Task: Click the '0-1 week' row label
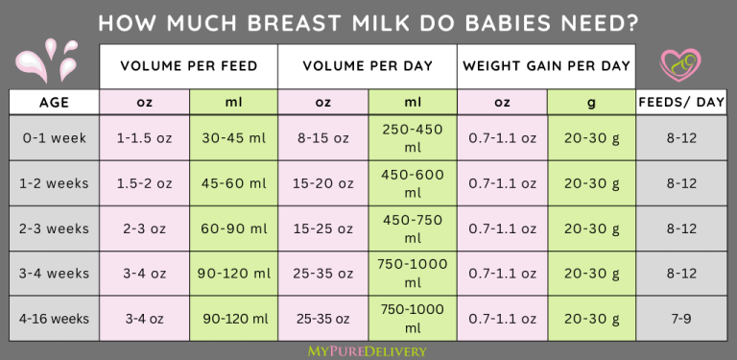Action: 55,138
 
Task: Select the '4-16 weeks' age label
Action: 55,319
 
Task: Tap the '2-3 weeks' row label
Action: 55,228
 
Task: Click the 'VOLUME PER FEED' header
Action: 188,66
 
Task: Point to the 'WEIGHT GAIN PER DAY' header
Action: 546,66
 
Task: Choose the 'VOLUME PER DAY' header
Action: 368,66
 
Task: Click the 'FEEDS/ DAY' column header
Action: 681,102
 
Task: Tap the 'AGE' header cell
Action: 55,102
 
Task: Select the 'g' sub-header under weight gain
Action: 591,102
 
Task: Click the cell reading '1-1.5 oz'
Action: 144,138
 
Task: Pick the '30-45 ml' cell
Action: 233,138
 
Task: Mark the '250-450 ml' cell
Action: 412,138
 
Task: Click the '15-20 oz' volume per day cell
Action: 322,183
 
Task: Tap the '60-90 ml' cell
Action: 233,228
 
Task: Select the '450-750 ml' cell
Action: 412,228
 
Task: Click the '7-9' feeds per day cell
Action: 681,319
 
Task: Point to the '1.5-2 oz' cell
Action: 144,183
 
